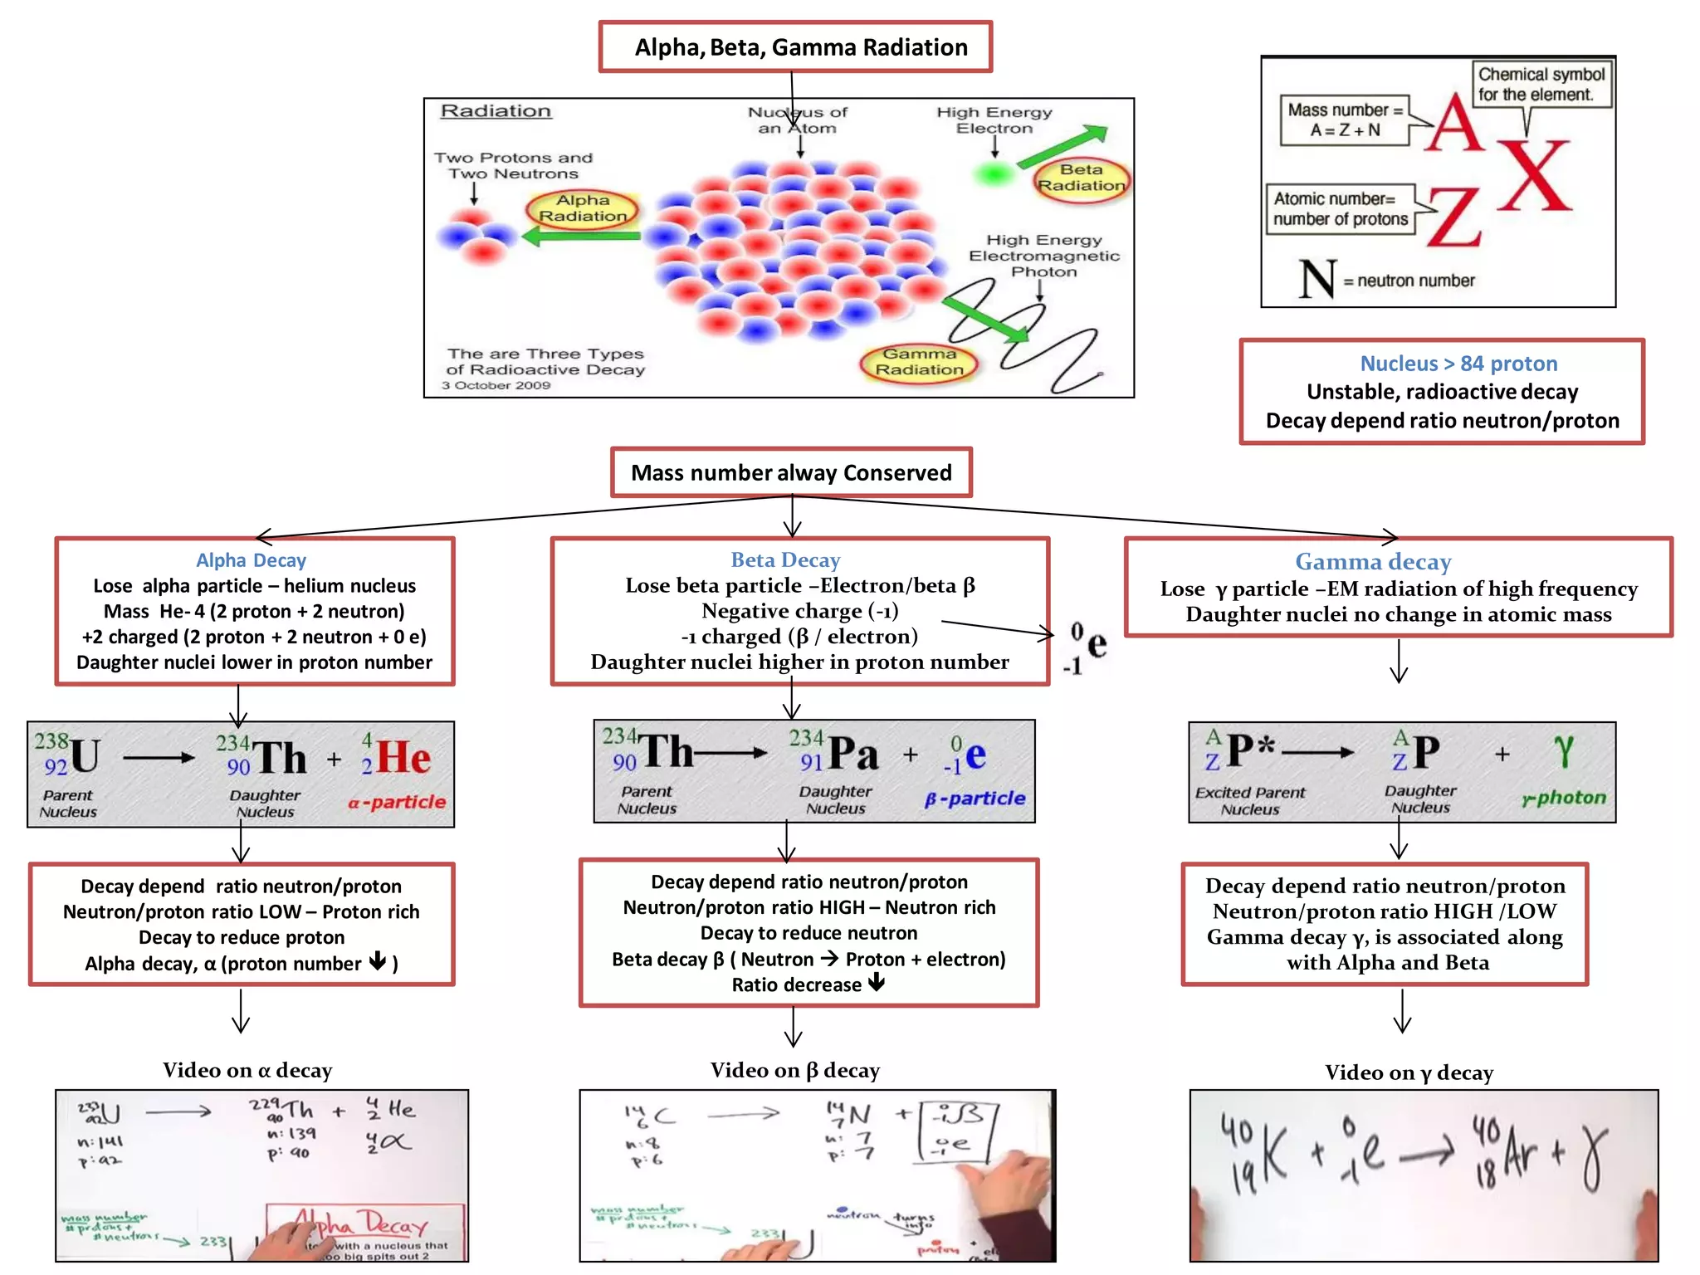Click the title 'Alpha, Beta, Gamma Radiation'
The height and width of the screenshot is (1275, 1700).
pos(800,47)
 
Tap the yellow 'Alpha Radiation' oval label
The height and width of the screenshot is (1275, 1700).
pos(583,208)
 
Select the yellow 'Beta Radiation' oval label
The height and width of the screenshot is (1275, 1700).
pos(1081,178)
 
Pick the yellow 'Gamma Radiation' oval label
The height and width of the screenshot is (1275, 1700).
pos(919,362)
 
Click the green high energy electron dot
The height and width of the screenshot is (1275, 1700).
pos(993,174)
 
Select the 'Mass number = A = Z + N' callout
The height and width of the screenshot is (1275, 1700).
pos(1345,120)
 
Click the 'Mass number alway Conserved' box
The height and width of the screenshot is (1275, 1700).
pos(791,473)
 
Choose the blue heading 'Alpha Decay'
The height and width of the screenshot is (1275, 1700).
pos(251,561)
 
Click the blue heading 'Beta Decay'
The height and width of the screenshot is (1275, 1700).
pos(785,560)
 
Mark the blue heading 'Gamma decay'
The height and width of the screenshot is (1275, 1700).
pos(1373,562)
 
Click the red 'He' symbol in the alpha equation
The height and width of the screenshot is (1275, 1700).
pos(403,758)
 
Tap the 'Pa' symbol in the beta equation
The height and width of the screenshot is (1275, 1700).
pos(853,753)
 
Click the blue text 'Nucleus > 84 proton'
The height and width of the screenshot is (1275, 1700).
pos(1458,364)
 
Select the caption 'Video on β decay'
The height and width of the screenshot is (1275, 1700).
pos(794,1071)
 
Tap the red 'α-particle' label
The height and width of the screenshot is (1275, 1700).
pos(397,802)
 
